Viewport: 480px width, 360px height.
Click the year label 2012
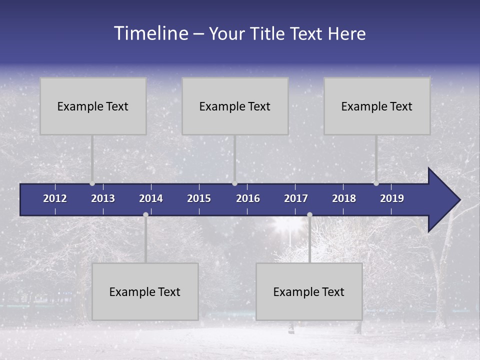[55, 198]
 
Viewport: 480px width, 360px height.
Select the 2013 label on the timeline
[103, 198]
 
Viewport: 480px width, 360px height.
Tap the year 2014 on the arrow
[151, 198]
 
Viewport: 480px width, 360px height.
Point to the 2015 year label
[199, 198]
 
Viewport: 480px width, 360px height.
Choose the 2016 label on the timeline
[248, 198]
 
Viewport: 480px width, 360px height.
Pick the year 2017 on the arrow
[296, 198]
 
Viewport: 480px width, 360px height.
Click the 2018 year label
[344, 198]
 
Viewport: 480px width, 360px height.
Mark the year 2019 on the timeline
[392, 198]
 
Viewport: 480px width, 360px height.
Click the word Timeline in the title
[150, 33]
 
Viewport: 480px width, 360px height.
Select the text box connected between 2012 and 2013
[93, 106]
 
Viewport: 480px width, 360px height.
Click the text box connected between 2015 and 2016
[235, 106]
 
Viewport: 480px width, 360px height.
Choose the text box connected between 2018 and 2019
[377, 106]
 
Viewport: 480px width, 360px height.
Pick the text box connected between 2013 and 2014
[145, 291]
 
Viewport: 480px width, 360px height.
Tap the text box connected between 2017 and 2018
[309, 291]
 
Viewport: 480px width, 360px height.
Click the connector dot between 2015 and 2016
[234, 183]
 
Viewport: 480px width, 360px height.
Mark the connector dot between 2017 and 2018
[309, 215]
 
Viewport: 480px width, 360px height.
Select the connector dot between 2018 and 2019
[376, 183]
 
